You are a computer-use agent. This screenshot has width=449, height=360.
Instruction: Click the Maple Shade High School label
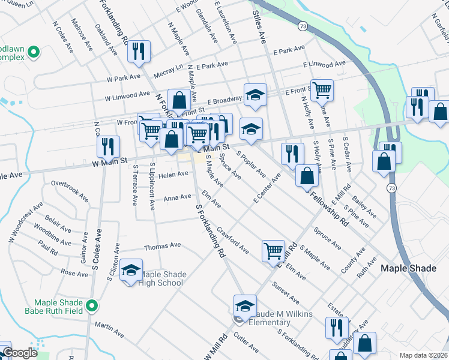pyautogui.click(x=161, y=279)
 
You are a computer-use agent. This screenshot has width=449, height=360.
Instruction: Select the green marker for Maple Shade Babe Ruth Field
pyautogui.click(x=91, y=307)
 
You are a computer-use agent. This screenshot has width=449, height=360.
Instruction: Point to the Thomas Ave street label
pyautogui.click(x=162, y=245)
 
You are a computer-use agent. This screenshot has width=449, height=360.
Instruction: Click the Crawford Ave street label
pyautogui.click(x=233, y=239)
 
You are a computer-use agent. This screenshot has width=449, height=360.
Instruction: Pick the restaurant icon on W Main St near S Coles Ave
pyautogui.click(x=108, y=146)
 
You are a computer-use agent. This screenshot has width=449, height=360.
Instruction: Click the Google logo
pyautogui.click(x=20, y=353)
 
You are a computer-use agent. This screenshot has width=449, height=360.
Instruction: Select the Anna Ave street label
pyautogui.click(x=177, y=197)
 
